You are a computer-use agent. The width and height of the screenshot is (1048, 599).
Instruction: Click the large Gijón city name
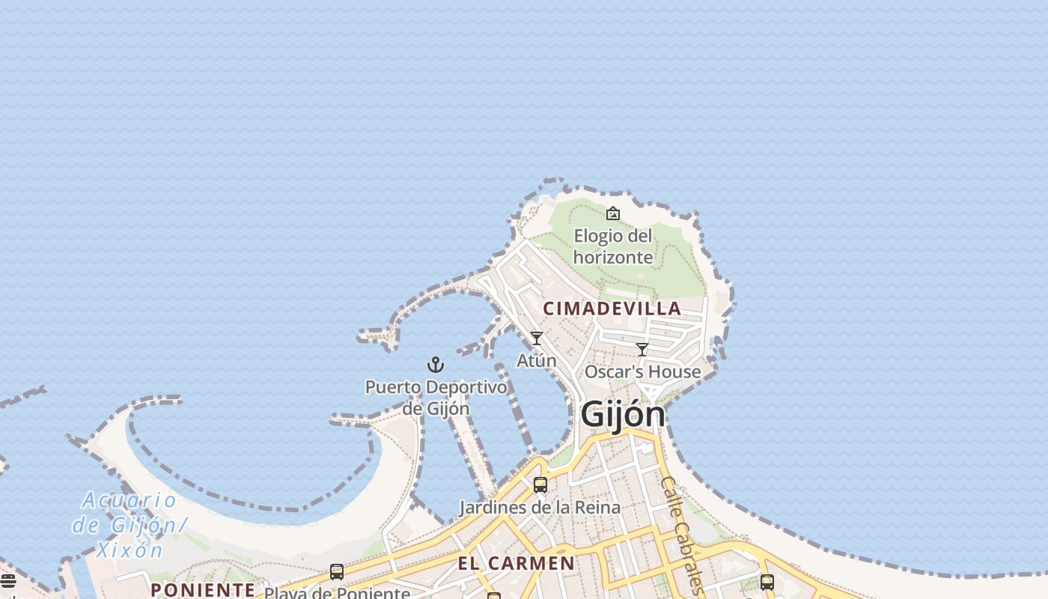click(622, 414)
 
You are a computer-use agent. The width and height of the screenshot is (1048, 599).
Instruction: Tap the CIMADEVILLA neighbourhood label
click(612, 308)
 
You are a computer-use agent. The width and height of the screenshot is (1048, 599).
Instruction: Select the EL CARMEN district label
click(517, 563)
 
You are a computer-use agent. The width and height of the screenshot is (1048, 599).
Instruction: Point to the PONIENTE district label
click(203, 589)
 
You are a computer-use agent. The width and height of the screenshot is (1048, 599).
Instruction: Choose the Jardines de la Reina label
click(539, 507)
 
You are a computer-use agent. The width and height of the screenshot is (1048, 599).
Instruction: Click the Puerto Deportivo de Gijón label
click(436, 398)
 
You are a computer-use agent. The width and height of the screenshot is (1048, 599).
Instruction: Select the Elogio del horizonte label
click(613, 246)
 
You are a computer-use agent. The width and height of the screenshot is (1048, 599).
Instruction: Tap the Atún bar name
click(537, 360)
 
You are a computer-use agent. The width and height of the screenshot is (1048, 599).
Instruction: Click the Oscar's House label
click(642, 371)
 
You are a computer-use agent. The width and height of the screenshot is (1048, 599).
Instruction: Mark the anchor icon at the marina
click(436, 365)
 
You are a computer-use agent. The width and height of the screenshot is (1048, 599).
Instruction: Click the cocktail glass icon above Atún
click(537, 338)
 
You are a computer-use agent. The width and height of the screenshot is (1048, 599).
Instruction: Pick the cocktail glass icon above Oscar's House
click(642, 349)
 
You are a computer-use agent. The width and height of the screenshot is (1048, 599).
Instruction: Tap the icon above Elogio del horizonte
click(613, 213)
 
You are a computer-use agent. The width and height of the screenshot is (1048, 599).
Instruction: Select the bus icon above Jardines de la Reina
click(540, 485)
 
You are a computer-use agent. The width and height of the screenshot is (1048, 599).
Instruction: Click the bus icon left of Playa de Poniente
click(337, 572)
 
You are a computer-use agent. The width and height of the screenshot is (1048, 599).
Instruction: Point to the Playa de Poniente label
click(337, 593)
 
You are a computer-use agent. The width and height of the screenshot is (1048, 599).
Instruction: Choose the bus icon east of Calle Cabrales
click(767, 582)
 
